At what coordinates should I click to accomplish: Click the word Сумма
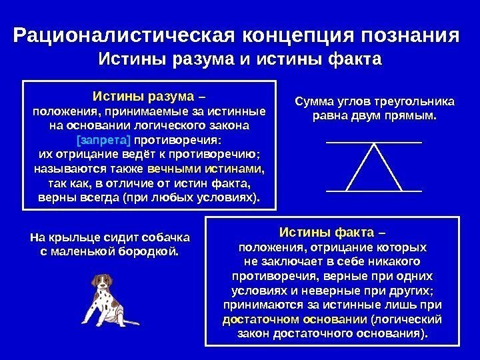[313, 103]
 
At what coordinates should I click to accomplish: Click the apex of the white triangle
[374, 145]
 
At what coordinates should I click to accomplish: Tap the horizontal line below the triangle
[374, 191]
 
